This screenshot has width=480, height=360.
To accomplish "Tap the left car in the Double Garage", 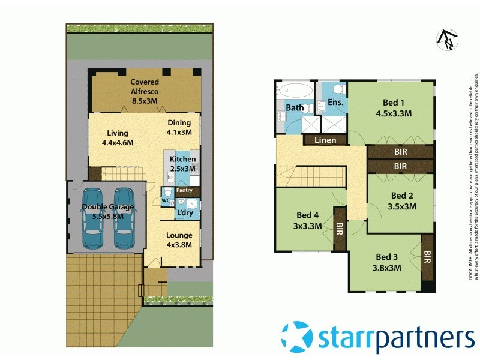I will click(x=93, y=218).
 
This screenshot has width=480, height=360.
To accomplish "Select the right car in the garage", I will click(x=124, y=218).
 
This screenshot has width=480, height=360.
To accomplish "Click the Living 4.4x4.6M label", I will click(x=117, y=138).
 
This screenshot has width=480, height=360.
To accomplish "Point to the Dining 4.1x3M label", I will click(x=179, y=127).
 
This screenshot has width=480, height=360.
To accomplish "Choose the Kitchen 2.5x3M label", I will click(x=182, y=164).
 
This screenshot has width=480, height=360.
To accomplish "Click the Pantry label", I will click(x=185, y=190).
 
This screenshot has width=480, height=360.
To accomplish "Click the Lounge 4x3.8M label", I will click(x=179, y=239).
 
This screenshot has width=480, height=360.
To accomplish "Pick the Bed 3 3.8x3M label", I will click(x=387, y=263).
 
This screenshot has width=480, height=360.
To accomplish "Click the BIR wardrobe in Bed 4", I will click(x=340, y=228).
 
